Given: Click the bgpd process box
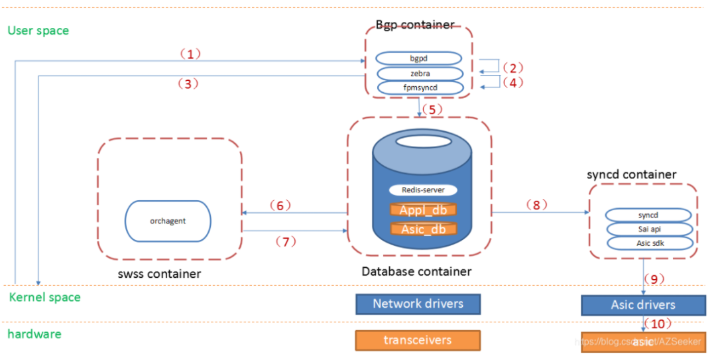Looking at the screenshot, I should (418, 58).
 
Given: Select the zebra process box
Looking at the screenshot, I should (418, 73).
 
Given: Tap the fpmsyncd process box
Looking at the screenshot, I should (418, 88).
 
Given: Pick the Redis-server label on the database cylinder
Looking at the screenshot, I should (418, 190).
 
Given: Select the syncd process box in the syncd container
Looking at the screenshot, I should (650, 215).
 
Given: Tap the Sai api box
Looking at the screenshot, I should (650, 229).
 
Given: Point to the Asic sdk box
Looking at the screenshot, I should (650, 243).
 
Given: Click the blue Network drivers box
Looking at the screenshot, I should (418, 304).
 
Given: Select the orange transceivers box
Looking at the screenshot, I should (418, 340).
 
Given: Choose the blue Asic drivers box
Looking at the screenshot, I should (643, 305).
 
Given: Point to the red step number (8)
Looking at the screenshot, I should (537, 205).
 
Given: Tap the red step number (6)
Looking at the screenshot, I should (280, 206).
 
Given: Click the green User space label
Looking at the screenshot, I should (38, 30).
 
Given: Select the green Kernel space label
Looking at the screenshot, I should (44, 297).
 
